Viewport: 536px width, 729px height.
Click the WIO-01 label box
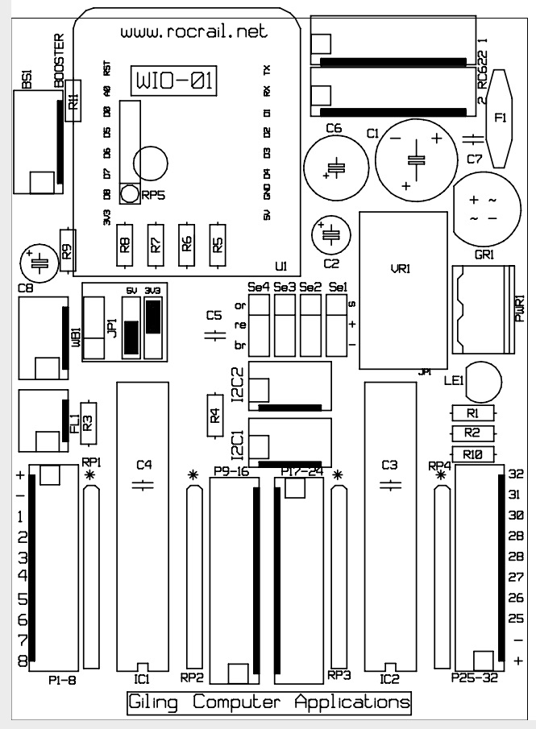point(174,79)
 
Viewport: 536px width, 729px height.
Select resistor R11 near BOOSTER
point(73,101)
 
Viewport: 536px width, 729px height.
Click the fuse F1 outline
point(499,118)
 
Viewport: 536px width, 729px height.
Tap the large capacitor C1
point(415,159)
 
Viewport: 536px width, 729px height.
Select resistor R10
point(472,454)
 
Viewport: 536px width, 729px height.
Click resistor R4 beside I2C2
point(215,416)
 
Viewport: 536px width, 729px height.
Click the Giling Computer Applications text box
point(269,702)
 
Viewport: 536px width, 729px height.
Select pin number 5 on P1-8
point(23,599)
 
